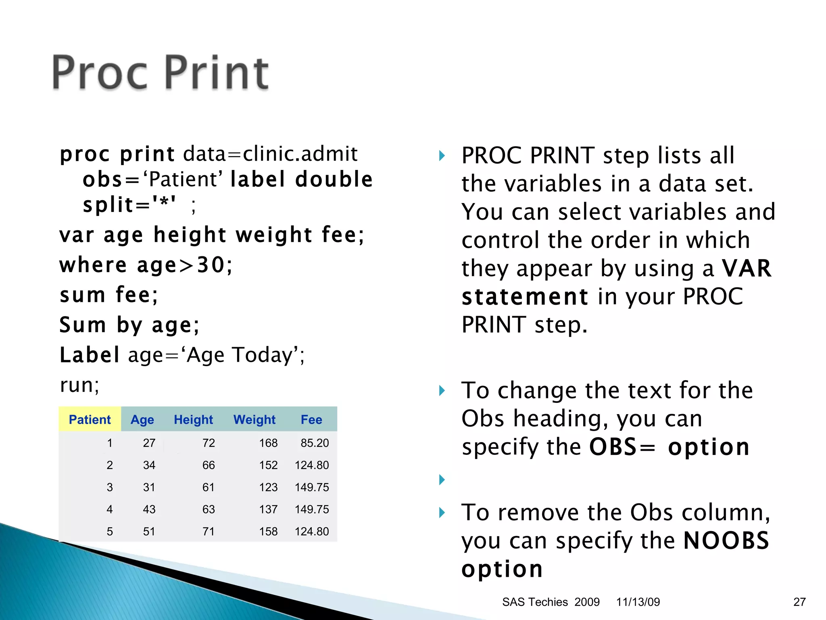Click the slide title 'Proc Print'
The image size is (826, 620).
click(160, 73)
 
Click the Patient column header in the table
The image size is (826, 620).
click(90, 420)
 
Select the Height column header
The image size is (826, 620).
click(193, 420)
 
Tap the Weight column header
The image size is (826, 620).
click(254, 420)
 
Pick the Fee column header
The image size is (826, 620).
click(311, 420)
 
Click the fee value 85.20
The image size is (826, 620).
click(315, 443)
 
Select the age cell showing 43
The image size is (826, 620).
click(149, 509)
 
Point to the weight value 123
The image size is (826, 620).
click(268, 487)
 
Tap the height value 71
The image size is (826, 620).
click(209, 532)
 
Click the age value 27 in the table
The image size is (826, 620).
click(149, 443)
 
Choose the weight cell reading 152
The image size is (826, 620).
click(268, 465)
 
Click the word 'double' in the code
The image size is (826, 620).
click(334, 179)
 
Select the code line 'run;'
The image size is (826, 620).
click(79, 385)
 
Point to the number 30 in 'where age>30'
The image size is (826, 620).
click(210, 265)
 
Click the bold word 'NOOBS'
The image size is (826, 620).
click(726, 540)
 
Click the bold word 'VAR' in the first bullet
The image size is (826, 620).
click(747, 268)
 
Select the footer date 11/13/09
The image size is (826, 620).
click(638, 602)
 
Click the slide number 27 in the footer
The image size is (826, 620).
click(799, 602)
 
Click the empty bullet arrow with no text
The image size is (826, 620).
click(442, 480)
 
